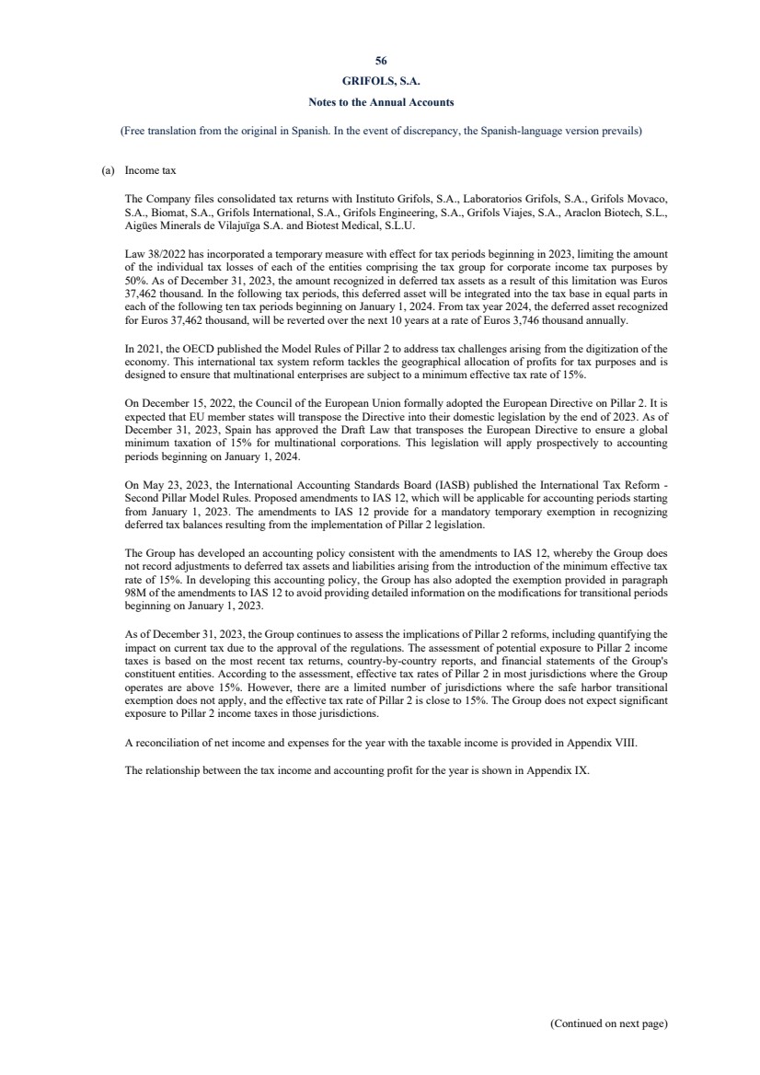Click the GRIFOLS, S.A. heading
(380, 80)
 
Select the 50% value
(135, 279)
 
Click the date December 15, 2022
(179, 402)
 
